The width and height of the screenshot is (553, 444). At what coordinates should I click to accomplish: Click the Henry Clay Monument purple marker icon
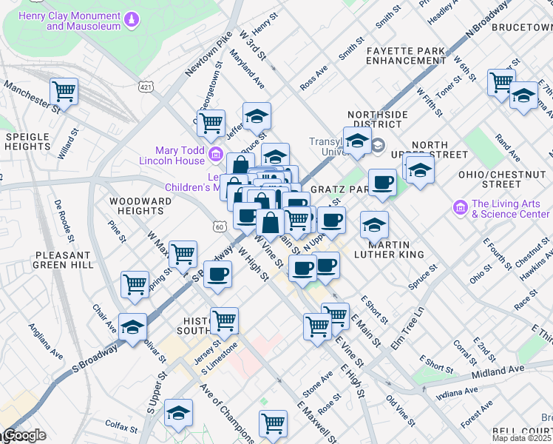pyautogui.click(x=132, y=18)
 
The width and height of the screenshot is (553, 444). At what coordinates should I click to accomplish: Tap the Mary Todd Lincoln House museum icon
pyautogui.click(x=217, y=154)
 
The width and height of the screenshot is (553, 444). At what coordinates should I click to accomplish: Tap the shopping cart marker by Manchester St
pyautogui.click(x=64, y=92)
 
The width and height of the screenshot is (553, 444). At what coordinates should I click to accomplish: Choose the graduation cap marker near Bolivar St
pyautogui.click(x=133, y=327)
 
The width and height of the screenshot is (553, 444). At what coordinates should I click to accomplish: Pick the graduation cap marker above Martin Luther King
pyautogui.click(x=374, y=223)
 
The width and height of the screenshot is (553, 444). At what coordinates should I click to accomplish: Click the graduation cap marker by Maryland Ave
pyautogui.click(x=257, y=115)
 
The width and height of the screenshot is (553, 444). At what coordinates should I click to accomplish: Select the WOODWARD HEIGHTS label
pyautogui.click(x=135, y=206)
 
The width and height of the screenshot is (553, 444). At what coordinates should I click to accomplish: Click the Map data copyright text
pyautogui.click(x=521, y=438)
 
